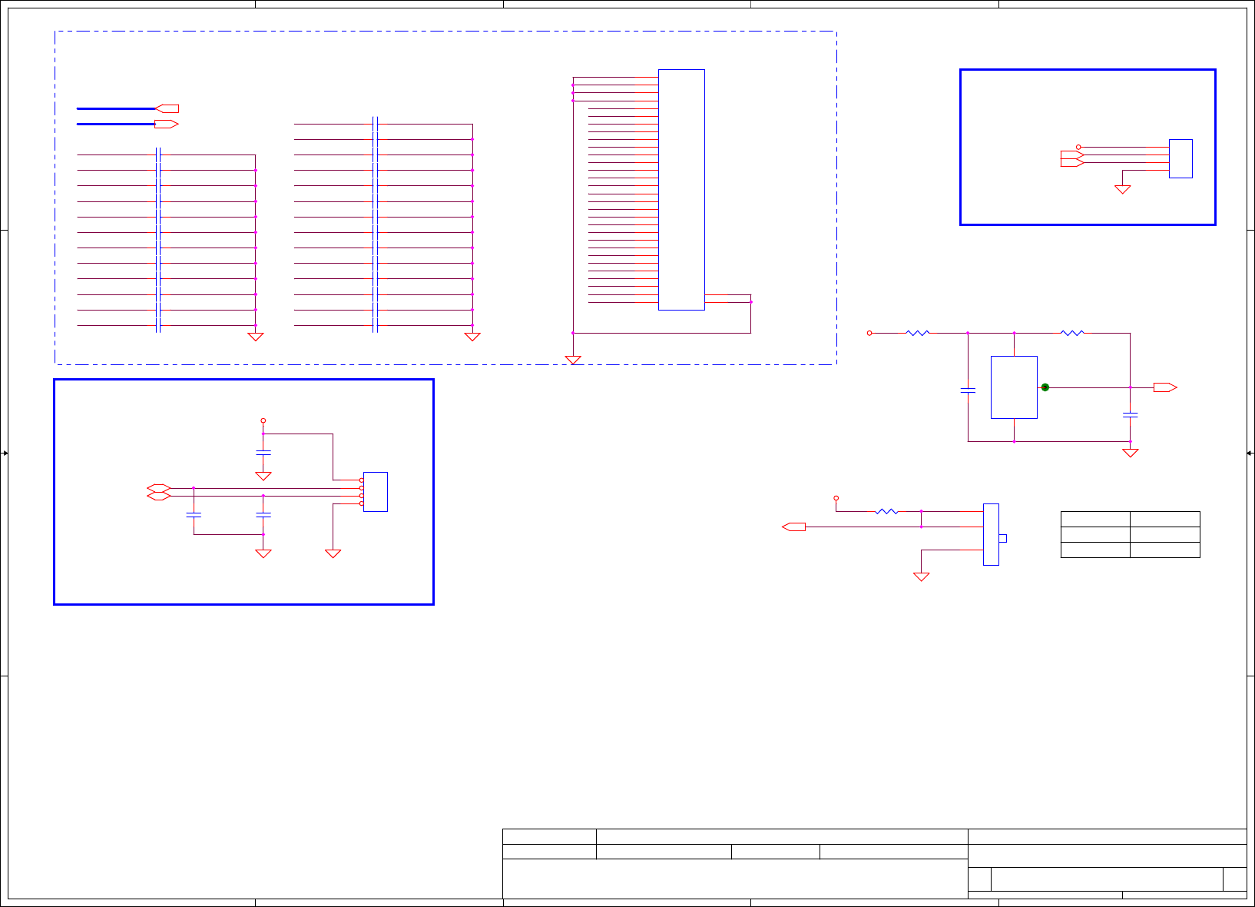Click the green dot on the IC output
point(1045,387)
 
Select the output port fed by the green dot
point(1164,387)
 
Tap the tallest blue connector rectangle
point(681,190)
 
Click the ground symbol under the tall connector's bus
point(573,360)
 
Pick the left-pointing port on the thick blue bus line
point(167,108)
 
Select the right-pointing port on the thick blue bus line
point(167,124)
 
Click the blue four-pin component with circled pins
point(376,492)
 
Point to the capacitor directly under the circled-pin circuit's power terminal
point(263,453)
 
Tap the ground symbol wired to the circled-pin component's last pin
point(333,553)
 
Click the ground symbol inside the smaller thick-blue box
point(1123,189)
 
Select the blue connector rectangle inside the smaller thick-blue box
point(1180,158)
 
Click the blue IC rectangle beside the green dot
point(1014,387)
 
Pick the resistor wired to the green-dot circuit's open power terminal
point(918,333)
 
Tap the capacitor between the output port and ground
point(1130,415)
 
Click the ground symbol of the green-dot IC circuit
point(1130,453)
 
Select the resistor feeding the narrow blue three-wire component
point(886,511)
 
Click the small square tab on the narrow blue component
point(1002,538)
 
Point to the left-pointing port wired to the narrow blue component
point(794,527)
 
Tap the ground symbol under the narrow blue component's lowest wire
point(921,576)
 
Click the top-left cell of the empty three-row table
point(1095,519)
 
